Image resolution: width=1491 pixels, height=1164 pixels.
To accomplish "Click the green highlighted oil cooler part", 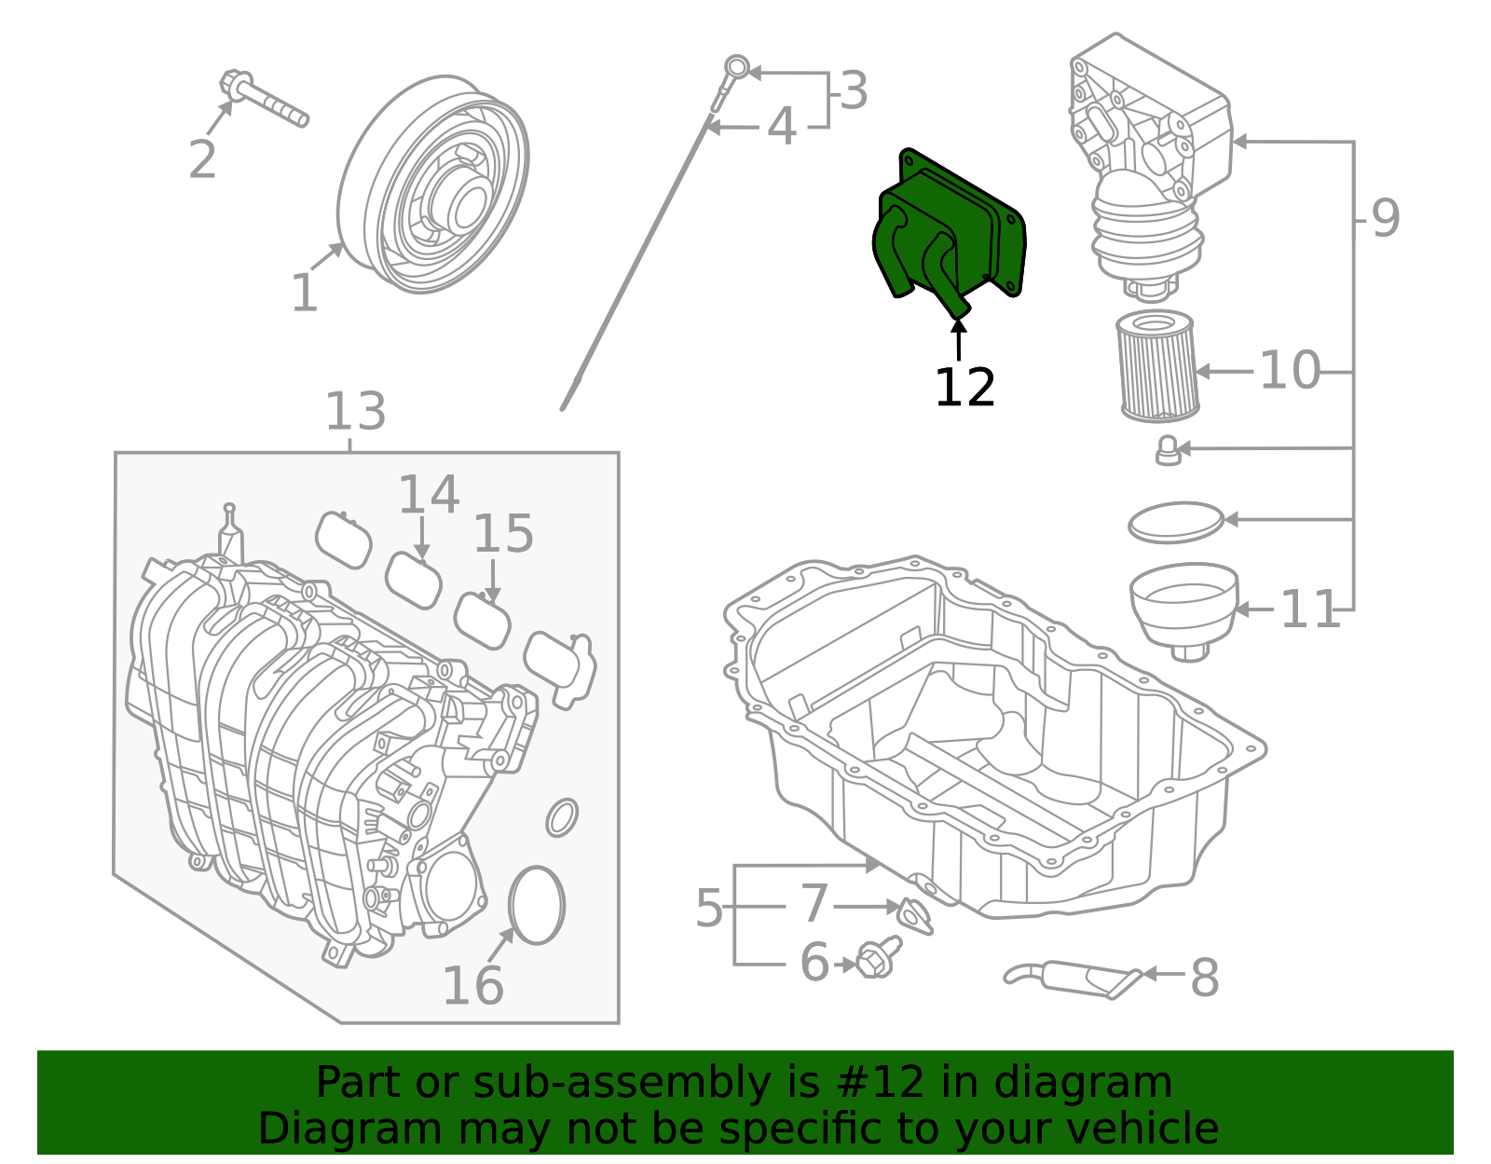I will pyautogui.click(x=951, y=233).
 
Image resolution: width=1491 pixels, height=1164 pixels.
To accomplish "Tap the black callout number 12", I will pyautogui.click(x=964, y=388).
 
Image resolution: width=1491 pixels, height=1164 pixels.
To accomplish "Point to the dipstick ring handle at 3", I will pyautogui.click(x=737, y=67).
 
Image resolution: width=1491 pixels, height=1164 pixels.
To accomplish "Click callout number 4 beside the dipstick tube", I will pyautogui.click(x=781, y=127).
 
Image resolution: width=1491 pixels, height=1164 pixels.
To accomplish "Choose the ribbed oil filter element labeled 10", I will pyautogui.click(x=1156, y=366).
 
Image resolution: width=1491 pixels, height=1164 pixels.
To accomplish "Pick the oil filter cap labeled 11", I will pyautogui.click(x=1183, y=606).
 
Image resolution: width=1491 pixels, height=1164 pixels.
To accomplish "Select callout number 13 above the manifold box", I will pyautogui.click(x=355, y=411).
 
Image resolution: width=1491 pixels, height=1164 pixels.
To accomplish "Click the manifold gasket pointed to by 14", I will pyautogui.click(x=414, y=580).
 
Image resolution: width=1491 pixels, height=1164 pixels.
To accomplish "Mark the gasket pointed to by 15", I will pyautogui.click(x=483, y=621).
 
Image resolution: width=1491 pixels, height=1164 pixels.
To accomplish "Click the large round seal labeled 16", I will pyautogui.click(x=538, y=905).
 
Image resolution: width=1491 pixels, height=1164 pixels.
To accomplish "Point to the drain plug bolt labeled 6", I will pyautogui.click(x=876, y=958).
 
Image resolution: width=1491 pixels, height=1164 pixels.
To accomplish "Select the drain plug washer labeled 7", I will pyautogui.click(x=914, y=914).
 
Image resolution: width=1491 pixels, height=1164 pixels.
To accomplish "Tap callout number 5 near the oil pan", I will pyautogui.click(x=709, y=908).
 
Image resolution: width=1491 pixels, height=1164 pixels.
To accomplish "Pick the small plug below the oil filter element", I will pyautogui.click(x=1168, y=450).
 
